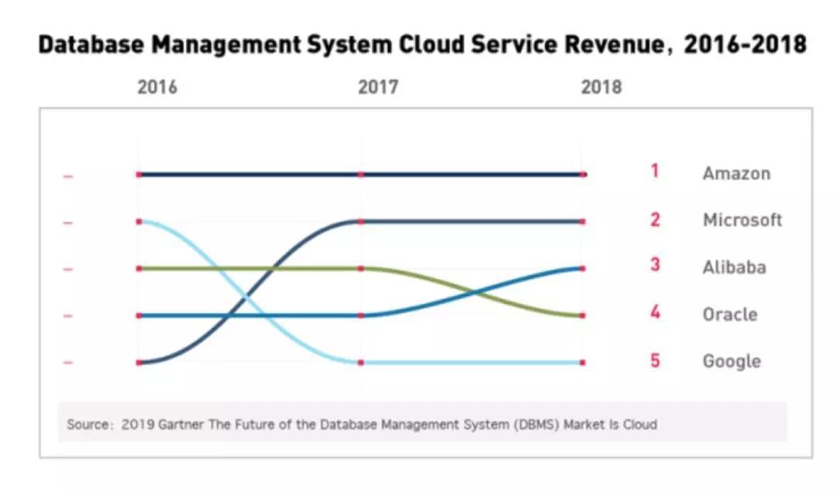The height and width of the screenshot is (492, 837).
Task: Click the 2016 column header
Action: click(157, 87)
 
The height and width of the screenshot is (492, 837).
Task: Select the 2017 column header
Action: click(378, 87)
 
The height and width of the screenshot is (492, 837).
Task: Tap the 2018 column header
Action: click(601, 87)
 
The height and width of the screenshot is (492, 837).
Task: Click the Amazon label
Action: click(736, 174)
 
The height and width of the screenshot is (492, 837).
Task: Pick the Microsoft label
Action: click(742, 220)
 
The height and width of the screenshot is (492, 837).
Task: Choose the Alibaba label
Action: click(734, 267)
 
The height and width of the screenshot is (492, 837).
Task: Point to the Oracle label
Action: click(730, 315)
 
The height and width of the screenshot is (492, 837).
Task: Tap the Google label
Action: click(732, 361)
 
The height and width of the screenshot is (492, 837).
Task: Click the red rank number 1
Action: click(655, 171)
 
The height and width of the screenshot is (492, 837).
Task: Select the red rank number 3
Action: click(655, 265)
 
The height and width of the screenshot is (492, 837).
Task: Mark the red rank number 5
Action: click(655, 360)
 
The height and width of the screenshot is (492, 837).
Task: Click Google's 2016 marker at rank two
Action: click(139, 222)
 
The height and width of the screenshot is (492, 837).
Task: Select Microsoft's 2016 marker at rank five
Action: click(139, 362)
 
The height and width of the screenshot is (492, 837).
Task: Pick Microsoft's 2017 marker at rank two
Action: click(360, 222)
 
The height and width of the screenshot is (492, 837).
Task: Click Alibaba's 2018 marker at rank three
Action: click(582, 268)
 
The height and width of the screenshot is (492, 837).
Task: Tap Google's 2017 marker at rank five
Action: click(360, 362)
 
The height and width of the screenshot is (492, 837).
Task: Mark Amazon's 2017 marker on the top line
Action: click(360, 174)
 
